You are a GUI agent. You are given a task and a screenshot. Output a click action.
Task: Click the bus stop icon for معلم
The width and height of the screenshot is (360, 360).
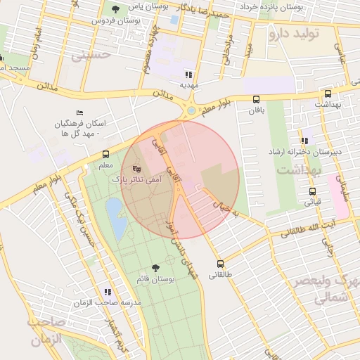click(x=105, y=154)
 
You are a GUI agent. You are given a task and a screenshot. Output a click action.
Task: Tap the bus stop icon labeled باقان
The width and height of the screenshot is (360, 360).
click(x=255, y=99)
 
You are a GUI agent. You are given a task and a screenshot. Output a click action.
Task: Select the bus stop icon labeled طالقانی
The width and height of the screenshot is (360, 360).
click(x=221, y=264)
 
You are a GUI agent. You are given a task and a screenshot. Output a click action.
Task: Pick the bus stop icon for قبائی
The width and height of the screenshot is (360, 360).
click(x=312, y=191)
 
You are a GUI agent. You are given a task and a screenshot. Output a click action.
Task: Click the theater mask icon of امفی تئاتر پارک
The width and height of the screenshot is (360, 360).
click(x=136, y=169)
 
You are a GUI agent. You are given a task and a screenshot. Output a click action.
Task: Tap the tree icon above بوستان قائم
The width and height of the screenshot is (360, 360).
click(x=155, y=268)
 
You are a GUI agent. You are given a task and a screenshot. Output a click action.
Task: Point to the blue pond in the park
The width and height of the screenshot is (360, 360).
click(x=115, y=214)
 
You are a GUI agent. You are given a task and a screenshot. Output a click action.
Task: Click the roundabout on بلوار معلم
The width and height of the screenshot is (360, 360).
click(x=191, y=110)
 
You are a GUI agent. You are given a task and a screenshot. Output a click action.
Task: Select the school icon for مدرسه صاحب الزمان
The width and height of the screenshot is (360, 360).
click(x=108, y=292)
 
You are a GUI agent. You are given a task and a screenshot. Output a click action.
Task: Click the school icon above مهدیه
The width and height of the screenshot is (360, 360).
click(x=188, y=74)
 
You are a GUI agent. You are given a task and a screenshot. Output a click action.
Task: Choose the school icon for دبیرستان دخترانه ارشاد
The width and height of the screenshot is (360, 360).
click(x=304, y=141)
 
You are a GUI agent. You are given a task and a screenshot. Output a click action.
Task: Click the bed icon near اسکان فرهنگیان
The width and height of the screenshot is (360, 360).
click(x=79, y=112)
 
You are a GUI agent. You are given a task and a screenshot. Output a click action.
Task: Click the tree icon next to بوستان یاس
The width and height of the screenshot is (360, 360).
click(x=115, y=8)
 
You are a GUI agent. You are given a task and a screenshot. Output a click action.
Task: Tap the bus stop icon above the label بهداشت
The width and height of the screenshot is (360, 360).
click(x=328, y=94)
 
